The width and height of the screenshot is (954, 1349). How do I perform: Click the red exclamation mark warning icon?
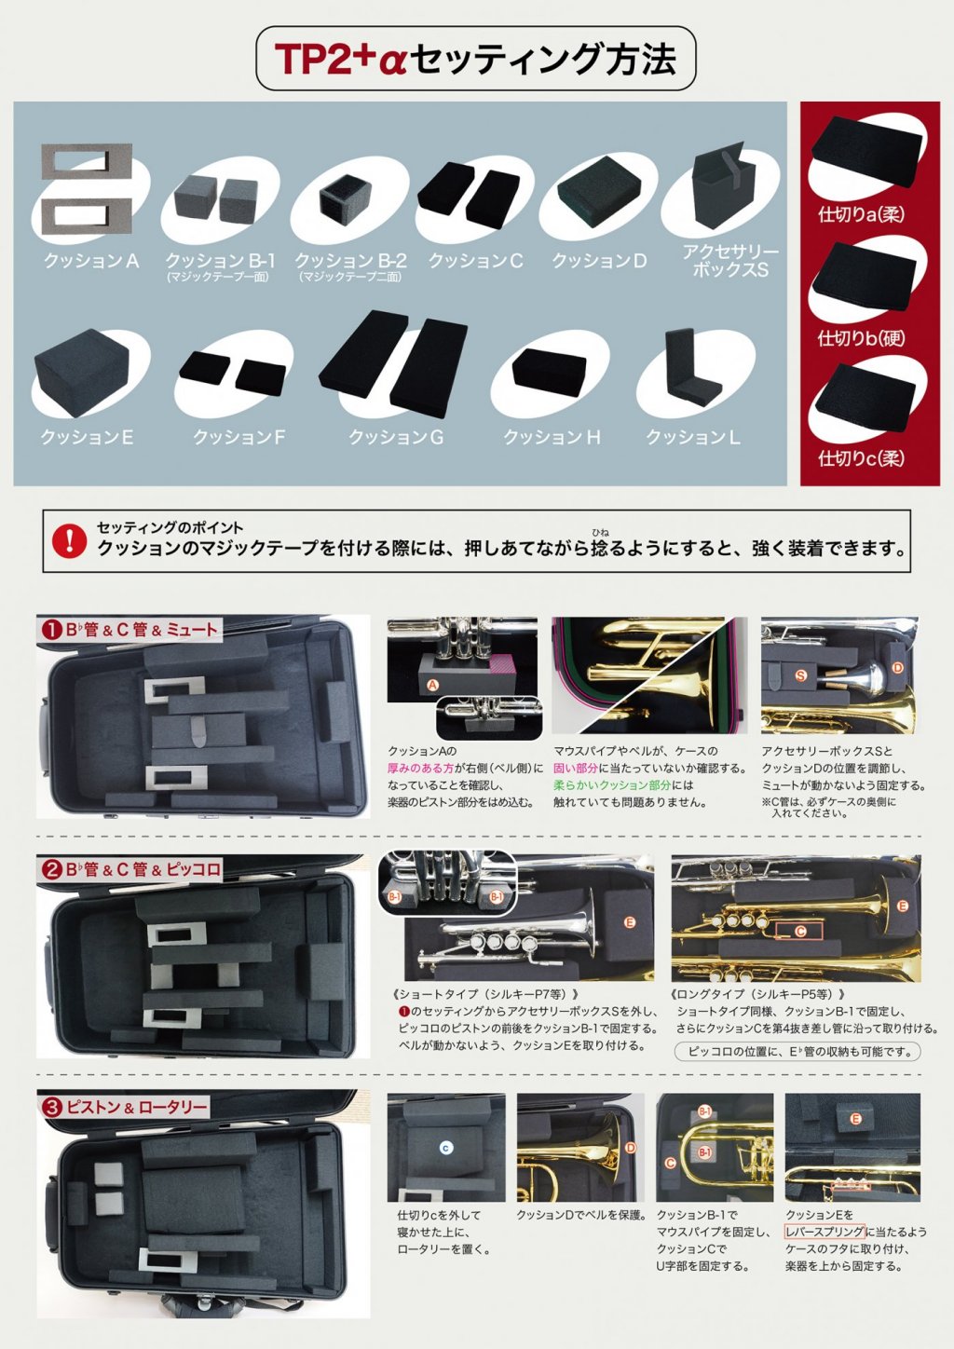pos(69,540)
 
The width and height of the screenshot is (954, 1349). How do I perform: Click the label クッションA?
pos(91,262)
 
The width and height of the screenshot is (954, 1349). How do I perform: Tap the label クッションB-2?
pos(350,261)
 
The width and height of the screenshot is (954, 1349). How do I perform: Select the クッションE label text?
pos(87,437)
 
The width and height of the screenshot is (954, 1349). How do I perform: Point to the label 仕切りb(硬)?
pos(861,338)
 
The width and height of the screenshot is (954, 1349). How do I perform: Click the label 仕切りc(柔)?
pos(861,458)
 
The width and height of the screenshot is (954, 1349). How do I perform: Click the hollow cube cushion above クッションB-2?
pos(345,198)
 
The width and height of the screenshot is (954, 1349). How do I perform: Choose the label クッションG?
pos(396,437)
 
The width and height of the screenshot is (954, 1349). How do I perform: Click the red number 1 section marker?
pos(50,630)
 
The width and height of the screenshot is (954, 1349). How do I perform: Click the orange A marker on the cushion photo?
pos(432,686)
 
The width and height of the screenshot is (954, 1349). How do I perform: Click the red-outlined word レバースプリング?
pos(825,1232)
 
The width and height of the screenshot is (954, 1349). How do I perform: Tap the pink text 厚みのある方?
pos(421,769)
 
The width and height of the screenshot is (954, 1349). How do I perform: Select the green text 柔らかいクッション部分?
pos(611,785)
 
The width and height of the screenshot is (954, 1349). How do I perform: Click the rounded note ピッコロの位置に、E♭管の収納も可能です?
pos(797,1052)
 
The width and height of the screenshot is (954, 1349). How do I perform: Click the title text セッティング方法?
pos(543,59)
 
